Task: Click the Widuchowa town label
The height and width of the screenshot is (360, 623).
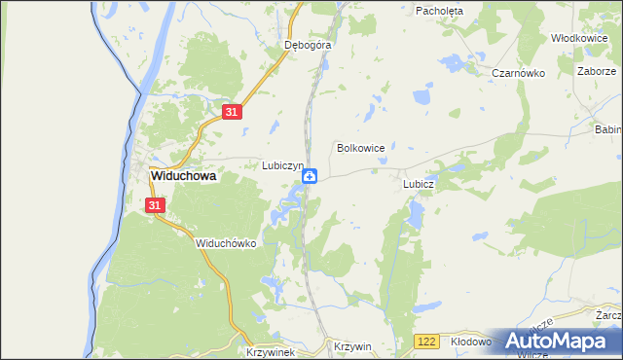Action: pos(183,178)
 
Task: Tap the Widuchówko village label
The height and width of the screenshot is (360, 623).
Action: pos(225,243)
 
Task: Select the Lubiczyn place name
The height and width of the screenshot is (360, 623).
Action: pos(284,165)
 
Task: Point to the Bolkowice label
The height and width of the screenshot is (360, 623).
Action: pos(360,148)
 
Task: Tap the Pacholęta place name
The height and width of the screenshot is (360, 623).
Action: pos(440,11)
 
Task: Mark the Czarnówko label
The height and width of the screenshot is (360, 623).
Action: pos(516,73)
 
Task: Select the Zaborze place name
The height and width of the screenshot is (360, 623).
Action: pos(597,72)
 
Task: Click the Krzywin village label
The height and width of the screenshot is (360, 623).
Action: pos(352,346)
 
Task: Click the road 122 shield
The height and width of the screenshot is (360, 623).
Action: pos(425,342)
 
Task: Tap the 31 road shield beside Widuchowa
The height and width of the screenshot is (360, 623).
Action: pos(156,205)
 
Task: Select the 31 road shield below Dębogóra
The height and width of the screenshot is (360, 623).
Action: pos(231,113)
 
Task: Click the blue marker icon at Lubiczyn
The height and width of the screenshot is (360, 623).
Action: pos(310,176)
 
